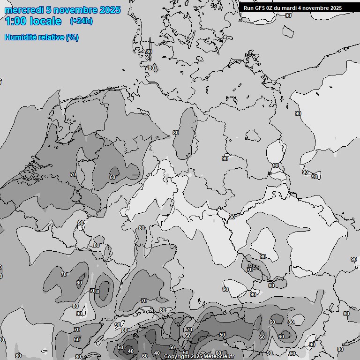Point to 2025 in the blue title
(110, 10)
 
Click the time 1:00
(16, 21)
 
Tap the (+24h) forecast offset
(81, 21)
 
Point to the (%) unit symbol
(72, 37)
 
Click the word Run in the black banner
(248, 8)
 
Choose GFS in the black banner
(260, 8)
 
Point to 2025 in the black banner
(335, 8)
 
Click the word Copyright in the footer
(176, 357)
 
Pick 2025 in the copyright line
(197, 357)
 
